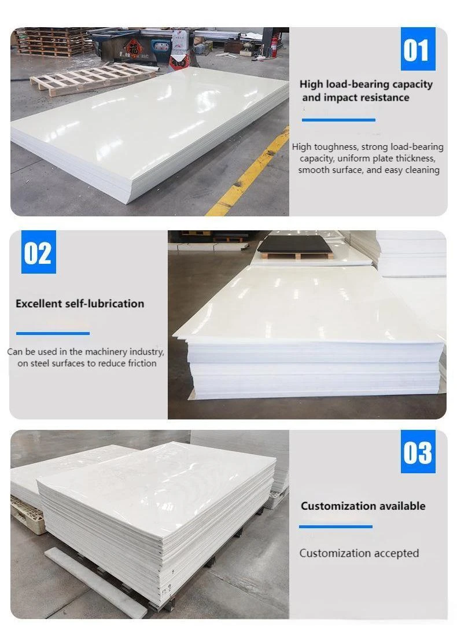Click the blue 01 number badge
pyautogui.click(x=418, y=49)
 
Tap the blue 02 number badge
pyautogui.click(x=38, y=252)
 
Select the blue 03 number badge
pyautogui.click(x=418, y=451)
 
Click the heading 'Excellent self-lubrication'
pyautogui.click(x=80, y=303)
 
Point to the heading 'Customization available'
pyautogui.click(x=363, y=506)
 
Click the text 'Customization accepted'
pyautogui.click(x=359, y=553)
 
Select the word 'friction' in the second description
pyautogui.click(x=142, y=363)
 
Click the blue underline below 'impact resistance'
pyautogui.click(x=338, y=120)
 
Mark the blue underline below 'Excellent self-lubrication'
pyautogui.click(x=53, y=333)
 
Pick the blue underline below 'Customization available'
pyautogui.click(x=336, y=526)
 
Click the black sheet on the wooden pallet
pyautogui.click(x=295, y=244)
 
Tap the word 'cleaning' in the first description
pyautogui.click(x=422, y=170)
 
